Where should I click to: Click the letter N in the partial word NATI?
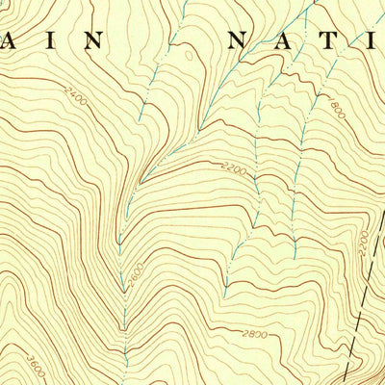241,40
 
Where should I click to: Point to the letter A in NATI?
293,40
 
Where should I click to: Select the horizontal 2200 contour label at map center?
234,170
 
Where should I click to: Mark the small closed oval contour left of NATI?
189,55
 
